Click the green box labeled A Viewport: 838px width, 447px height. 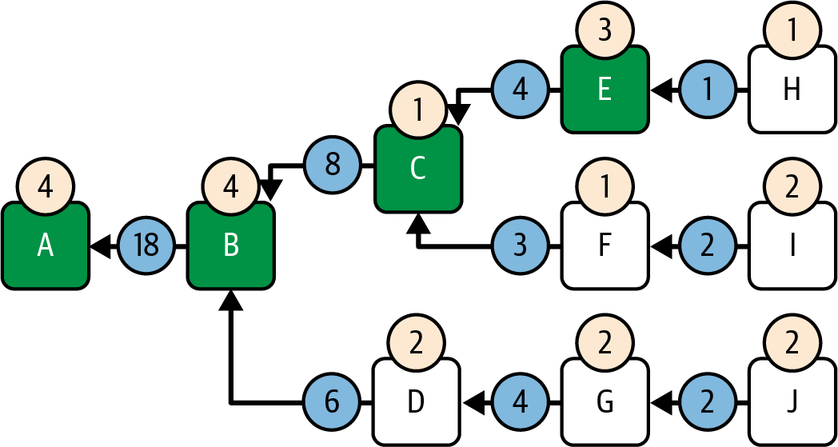tap(46, 246)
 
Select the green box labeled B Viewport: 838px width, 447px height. tap(231, 246)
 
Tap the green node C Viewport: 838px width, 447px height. tap(418, 169)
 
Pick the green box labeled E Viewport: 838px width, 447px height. tap(605, 90)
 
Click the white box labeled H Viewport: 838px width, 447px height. tap(792, 90)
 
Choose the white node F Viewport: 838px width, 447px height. tap(605, 246)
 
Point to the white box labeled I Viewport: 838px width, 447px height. tap(792, 246)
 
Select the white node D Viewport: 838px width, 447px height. tap(417, 402)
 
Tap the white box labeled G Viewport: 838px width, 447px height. tap(605, 402)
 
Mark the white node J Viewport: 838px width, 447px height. tap(792, 402)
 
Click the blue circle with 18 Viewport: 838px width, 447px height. tap(146, 246)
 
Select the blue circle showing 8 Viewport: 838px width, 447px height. tap(333, 166)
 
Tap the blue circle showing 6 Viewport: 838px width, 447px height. tap(333, 402)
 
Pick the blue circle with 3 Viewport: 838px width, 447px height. tap(520, 246)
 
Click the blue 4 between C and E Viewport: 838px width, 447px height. tap(520, 90)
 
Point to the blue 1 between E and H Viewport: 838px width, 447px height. tap(707, 90)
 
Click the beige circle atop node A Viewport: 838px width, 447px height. tap(46, 187)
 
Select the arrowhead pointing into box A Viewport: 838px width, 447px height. tap(99, 246)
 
